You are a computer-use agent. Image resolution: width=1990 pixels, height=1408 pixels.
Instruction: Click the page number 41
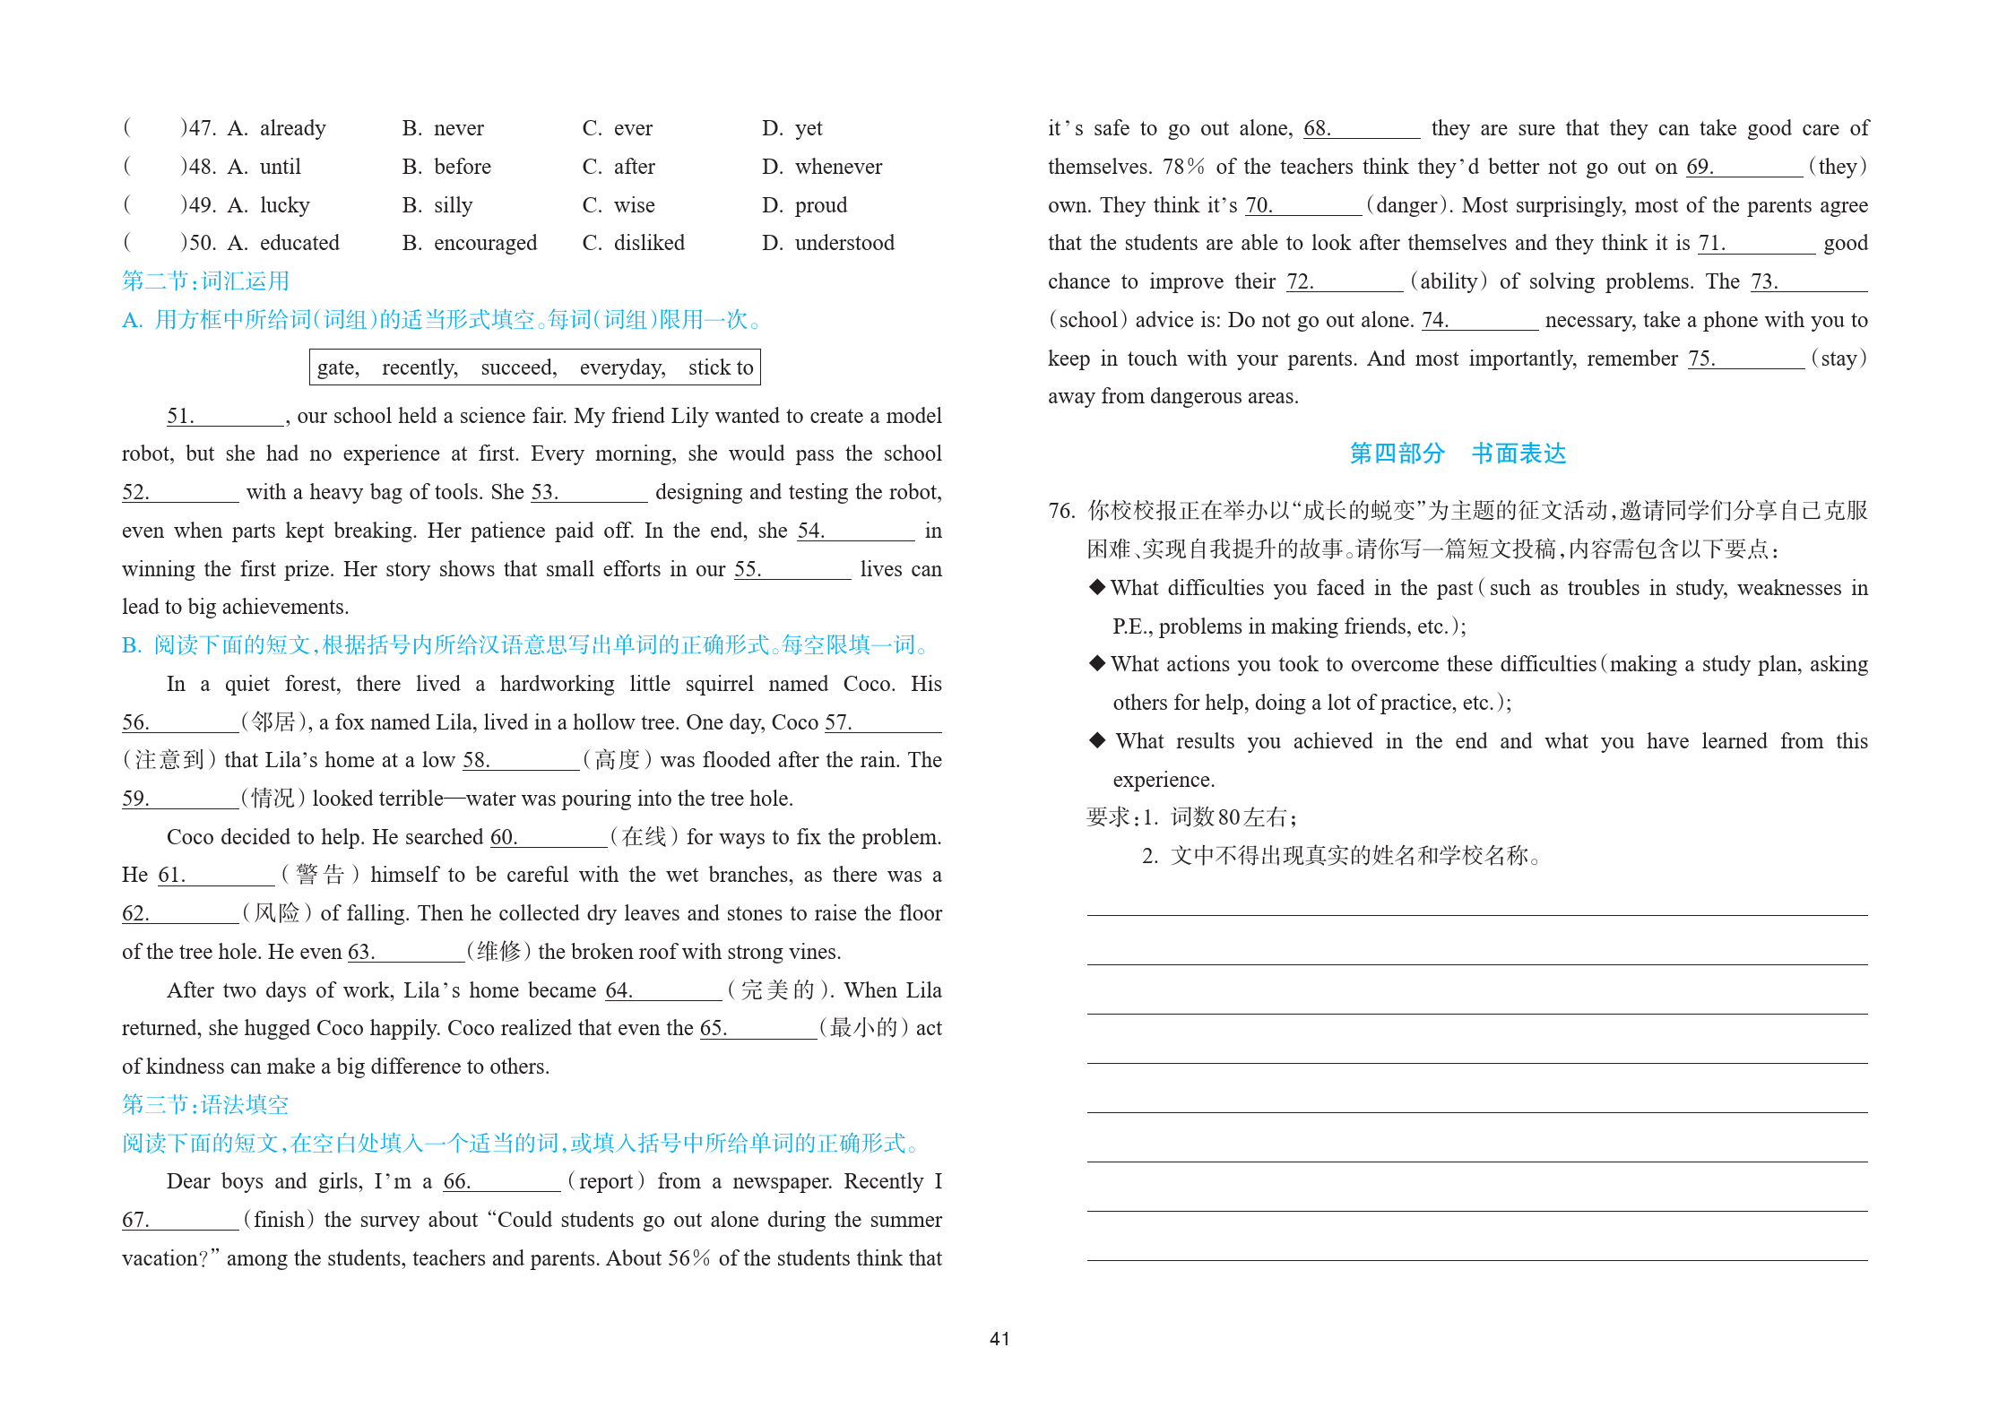(999, 1338)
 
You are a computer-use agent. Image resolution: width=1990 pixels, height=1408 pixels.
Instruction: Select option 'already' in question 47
(292, 128)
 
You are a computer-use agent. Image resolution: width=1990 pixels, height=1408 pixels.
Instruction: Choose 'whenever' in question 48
(837, 167)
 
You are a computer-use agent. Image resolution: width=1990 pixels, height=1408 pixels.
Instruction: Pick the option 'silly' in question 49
(453, 205)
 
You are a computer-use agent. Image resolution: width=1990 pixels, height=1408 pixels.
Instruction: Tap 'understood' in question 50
(844, 243)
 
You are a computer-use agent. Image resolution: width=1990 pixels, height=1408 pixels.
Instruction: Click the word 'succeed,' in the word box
(518, 367)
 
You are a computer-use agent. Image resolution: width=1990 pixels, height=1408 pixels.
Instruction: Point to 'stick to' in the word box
(721, 367)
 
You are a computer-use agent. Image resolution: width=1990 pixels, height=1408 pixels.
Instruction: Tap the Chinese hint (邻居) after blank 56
(274, 722)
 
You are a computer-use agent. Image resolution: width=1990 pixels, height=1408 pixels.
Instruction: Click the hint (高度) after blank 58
(617, 760)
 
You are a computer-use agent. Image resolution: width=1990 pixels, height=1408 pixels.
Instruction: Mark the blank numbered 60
(560, 837)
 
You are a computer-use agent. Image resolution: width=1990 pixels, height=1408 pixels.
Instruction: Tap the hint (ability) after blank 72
(1449, 281)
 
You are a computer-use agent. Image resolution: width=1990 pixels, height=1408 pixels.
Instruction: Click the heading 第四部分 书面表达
(1458, 453)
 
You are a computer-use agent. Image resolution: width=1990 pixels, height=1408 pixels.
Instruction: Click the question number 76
(1061, 511)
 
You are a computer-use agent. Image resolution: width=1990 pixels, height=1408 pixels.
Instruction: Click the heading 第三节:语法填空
(205, 1104)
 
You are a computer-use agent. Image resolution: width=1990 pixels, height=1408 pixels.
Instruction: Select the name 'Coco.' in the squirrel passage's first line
(868, 684)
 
